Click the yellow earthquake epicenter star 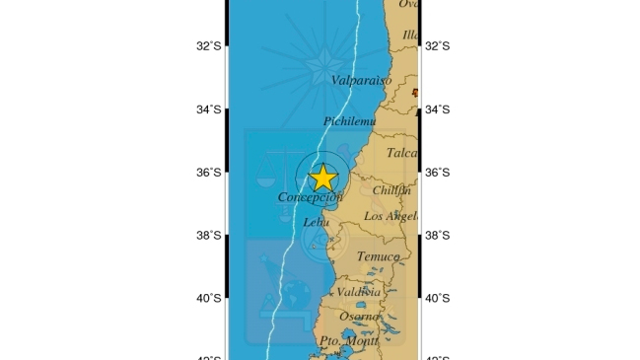(322, 178)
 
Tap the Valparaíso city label (360, 80)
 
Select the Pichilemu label (349, 121)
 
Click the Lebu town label (316, 223)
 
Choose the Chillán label (391, 190)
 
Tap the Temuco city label (378, 256)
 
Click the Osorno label (359, 317)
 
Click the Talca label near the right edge (401, 153)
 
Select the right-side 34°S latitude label (437, 109)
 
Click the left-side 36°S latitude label (209, 173)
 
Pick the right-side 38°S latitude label (437, 236)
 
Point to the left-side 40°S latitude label (209, 299)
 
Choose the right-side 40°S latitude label (437, 299)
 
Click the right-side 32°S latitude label (437, 45)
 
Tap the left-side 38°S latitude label (209, 236)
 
